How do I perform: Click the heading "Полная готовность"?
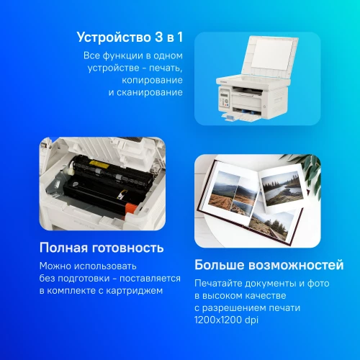[x=102, y=248]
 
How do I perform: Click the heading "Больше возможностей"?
[x=269, y=265]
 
